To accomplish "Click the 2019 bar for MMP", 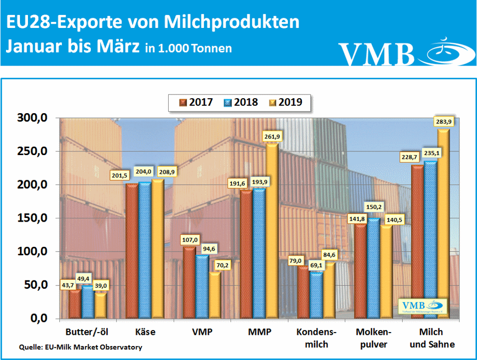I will pos(270,231).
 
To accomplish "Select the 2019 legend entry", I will pos(285,102).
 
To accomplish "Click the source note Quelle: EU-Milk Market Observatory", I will pos(81,347).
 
